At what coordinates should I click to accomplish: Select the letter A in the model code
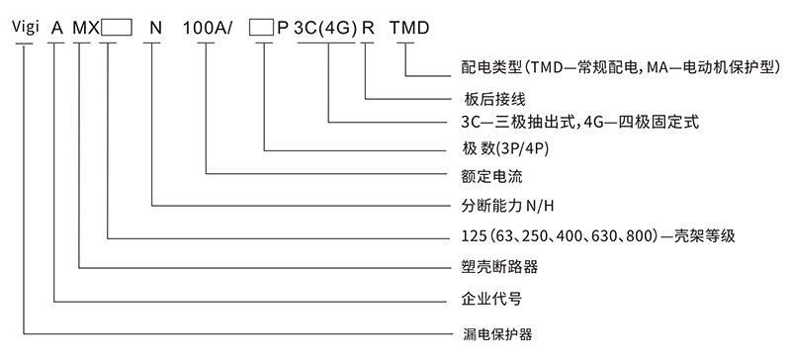pos(56,29)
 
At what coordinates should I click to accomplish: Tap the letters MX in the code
pos(84,29)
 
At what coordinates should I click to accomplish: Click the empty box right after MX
pos(116,29)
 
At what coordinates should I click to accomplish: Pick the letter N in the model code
pos(153,29)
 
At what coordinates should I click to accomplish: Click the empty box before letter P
pos(260,29)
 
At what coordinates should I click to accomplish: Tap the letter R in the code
pos(368,29)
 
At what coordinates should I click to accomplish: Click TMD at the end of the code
pos(408,29)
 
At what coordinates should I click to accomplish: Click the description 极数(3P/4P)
pos(497,149)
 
